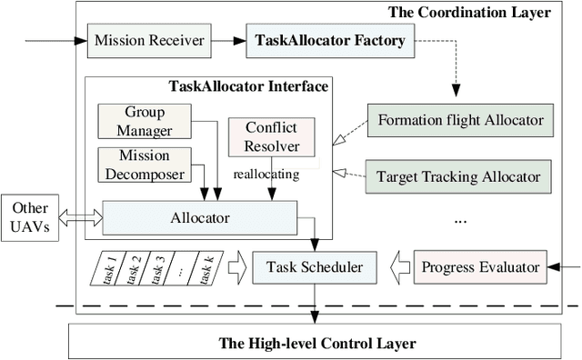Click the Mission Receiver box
pyautogui.click(x=148, y=41)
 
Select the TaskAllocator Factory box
pyautogui.click(x=331, y=41)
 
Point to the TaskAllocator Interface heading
pyautogui.click(x=248, y=87)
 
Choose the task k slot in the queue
pyautogui.click(x=206, y=267)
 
